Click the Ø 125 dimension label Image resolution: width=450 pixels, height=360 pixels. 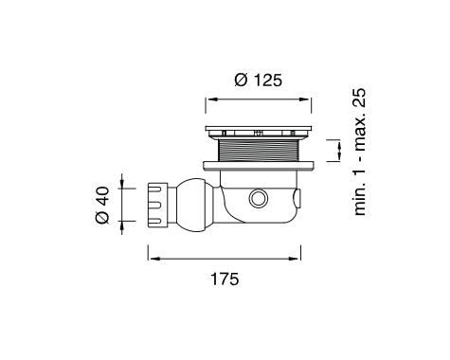tap(258, 80)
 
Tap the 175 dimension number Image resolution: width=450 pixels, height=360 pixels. tap(225, 279)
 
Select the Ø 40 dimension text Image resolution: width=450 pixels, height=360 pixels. tap(102, 206)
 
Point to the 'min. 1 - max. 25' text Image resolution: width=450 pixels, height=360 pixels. tap(360, 152)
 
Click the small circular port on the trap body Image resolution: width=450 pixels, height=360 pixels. tap(259, 198)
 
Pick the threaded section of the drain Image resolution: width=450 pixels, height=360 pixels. tap(258, 151)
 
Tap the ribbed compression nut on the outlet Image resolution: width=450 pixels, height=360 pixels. tap(157, 205)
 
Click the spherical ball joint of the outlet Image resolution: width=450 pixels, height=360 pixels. tap(192, 205)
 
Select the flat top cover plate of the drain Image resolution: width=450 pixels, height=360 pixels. tap(259, 129)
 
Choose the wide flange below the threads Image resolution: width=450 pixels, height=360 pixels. tap(259, 166)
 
